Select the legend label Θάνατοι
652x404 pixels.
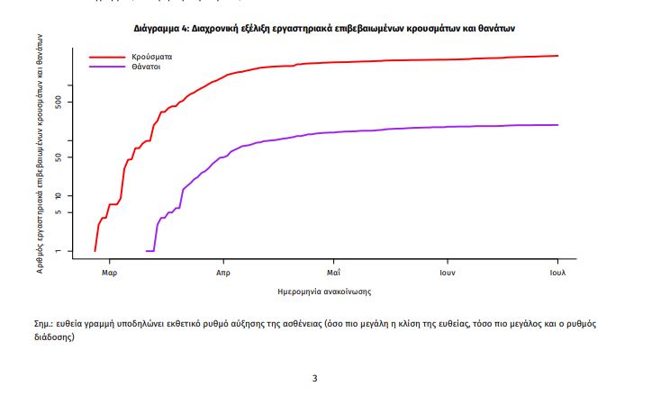[x=146, y=67]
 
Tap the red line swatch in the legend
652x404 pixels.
[x=106, y=57]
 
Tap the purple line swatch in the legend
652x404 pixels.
[x=106, y=67]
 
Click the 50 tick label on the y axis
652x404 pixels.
[x=59, y=157]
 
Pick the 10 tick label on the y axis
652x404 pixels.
[x=59, y=195]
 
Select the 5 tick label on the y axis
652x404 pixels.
[x=59, y=212]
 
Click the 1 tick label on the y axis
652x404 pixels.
[x=59, y=251]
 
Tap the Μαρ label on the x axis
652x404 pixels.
[x=110, y=271]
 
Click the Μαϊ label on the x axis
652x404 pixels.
[x=332, y=271]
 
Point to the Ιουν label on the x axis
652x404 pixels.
[x=446, y=271]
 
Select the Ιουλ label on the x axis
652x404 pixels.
[x=557, y=271]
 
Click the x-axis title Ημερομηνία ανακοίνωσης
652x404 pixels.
[x=325, y=292]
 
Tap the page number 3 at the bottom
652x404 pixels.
[x=314, y=378]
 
